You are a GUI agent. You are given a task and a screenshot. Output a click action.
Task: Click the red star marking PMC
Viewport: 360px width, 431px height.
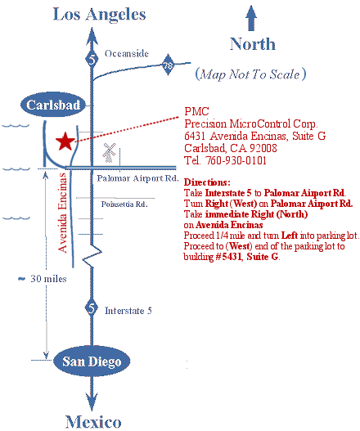pyautogui.click(x=65, y=141)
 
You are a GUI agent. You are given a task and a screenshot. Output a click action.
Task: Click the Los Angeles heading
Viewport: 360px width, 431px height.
pyautogui.click(x=99, y=14)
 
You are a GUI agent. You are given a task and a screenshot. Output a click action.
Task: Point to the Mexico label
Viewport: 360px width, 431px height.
pyautogui.click(x=93, y=421)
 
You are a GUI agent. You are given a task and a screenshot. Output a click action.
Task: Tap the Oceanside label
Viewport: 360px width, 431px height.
pyautogui.click(x=127, y=54)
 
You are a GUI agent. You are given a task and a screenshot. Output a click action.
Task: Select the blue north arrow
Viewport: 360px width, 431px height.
pyautogui.click(x=251, y=18)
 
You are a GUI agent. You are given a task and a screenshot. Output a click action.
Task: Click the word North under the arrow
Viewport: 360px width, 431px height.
pyautogui.click(x=252, y=43)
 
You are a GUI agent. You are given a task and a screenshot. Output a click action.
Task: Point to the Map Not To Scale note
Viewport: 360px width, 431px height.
pyautogui.click(x=250, y=74)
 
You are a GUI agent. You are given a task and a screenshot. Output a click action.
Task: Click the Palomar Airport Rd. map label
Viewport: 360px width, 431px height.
pyautogui.click(x=137, y=177)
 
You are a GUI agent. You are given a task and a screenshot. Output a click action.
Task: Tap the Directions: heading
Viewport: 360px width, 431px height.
pyautogui.click(x=207, y=182)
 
